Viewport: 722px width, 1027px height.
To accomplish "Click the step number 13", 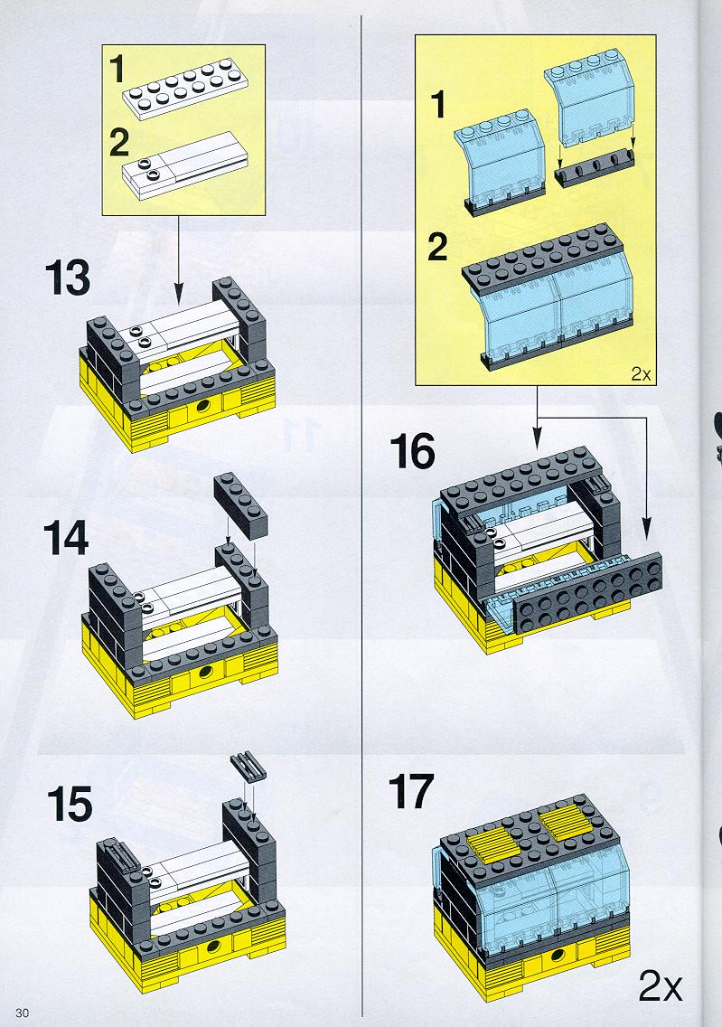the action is click(x=68, y=278).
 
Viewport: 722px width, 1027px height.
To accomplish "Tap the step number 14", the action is click(x=66, y=539).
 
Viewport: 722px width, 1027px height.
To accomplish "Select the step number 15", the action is click(x=70, y=805).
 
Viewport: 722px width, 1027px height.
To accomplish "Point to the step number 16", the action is click(x=412, y=452).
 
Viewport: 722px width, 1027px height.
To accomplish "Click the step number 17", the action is click(x=411, y=792).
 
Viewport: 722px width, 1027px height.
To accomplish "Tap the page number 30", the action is click(x=23, y=1013).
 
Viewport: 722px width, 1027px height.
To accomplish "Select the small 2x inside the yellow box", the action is click(x=641, y=374).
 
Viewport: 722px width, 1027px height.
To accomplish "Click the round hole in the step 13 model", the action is click(x=205, y=407).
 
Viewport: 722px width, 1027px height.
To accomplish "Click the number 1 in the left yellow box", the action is click(x=117, y=70).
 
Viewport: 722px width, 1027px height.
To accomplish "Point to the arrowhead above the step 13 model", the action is click(x=179, y=297).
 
